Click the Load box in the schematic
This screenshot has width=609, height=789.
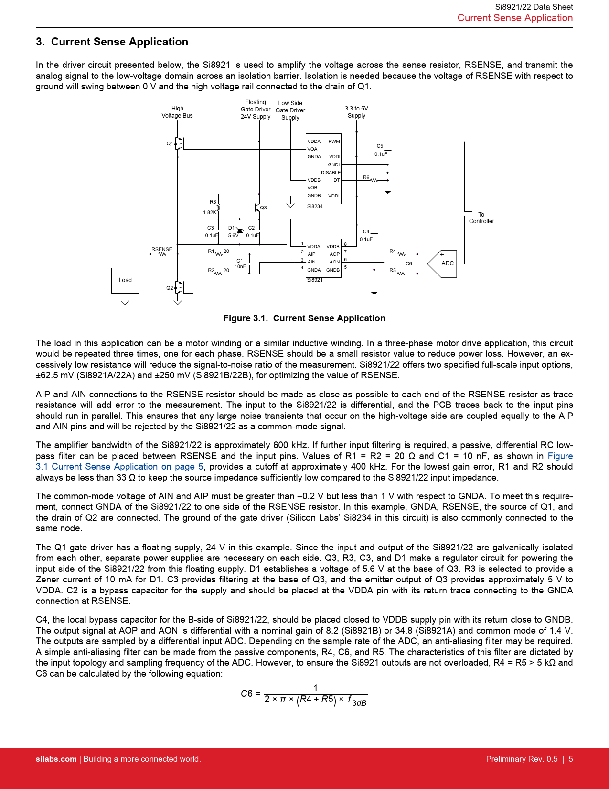coord(125,280)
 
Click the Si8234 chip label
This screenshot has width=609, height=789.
coord(315,207)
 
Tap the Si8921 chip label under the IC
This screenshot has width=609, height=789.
coord(315,280)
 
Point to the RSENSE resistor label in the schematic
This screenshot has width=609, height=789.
coord(162,249)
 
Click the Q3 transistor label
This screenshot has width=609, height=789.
coord(264,208)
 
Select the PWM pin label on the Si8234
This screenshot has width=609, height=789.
coord(334,142)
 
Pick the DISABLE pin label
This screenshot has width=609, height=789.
coord(331,173)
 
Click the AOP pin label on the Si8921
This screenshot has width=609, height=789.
coord(334,254)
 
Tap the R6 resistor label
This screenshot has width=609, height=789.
coord(366,177)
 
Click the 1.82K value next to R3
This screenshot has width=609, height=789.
coord(210,213)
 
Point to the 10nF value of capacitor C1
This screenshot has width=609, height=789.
coord(240,267)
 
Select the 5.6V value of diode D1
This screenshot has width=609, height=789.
coord(233,236)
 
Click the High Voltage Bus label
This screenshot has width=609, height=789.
coord(177,112)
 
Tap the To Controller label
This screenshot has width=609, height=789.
coord(481,218)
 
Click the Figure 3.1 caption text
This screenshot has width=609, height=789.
coord(304,318)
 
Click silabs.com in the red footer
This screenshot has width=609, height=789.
coord(56,759)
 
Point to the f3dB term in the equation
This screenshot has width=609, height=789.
coord(357,701)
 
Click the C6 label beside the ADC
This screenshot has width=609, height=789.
coord(409,263)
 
